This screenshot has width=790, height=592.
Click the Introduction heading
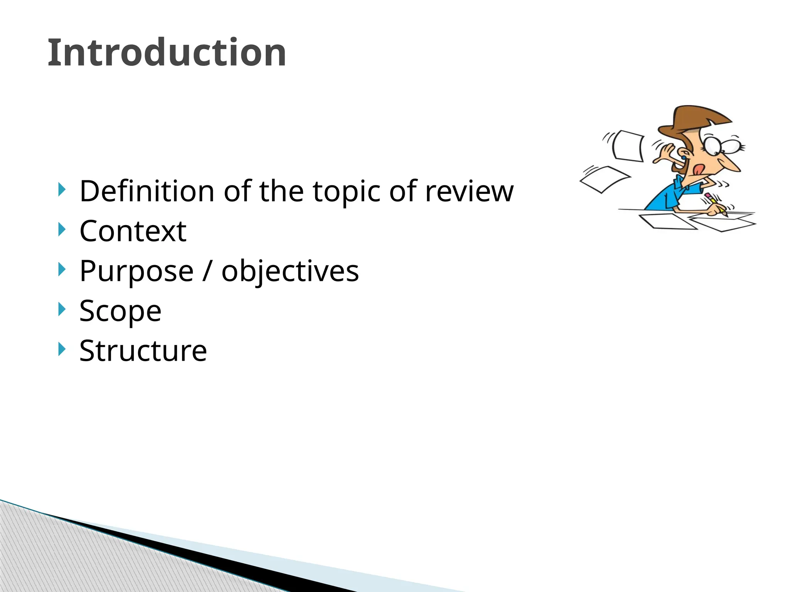point(167,53)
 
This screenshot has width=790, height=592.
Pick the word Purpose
point(136,271)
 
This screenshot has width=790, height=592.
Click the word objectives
point(290,271)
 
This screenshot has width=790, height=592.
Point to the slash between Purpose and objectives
point(207,271)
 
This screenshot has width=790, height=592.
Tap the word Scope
point(120,311)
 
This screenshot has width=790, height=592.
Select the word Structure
point(143,351)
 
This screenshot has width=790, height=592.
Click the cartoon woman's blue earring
point(684,158)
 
